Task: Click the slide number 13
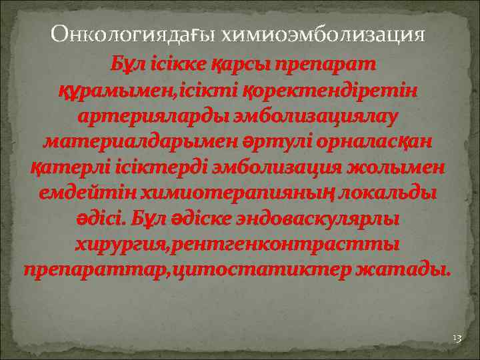457,338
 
